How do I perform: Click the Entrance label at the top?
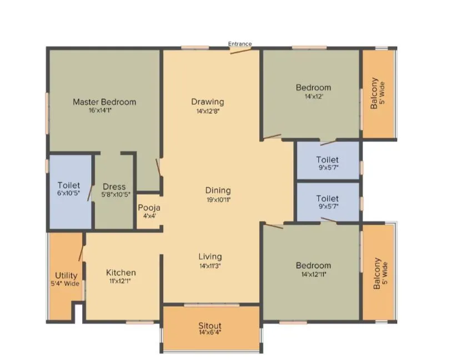point(240,44)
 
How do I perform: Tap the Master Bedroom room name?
point(104,102)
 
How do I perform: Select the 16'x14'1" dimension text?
point(104,110)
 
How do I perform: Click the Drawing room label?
point(208,102)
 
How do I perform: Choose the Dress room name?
point(114,187)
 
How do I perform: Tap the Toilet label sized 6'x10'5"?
point(69,194)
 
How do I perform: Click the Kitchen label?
point(121,272)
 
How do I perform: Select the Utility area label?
point(66,276)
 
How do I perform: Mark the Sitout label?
point(210,326)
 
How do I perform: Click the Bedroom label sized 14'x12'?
point(313,88)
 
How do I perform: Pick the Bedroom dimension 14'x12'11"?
point(313,273)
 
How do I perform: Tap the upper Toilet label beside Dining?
point(327,160)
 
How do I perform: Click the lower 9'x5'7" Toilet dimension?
point(327,206)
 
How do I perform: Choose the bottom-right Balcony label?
point(377,273)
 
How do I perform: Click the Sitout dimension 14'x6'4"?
point(210,333)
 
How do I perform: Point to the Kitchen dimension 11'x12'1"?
point(121,281)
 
